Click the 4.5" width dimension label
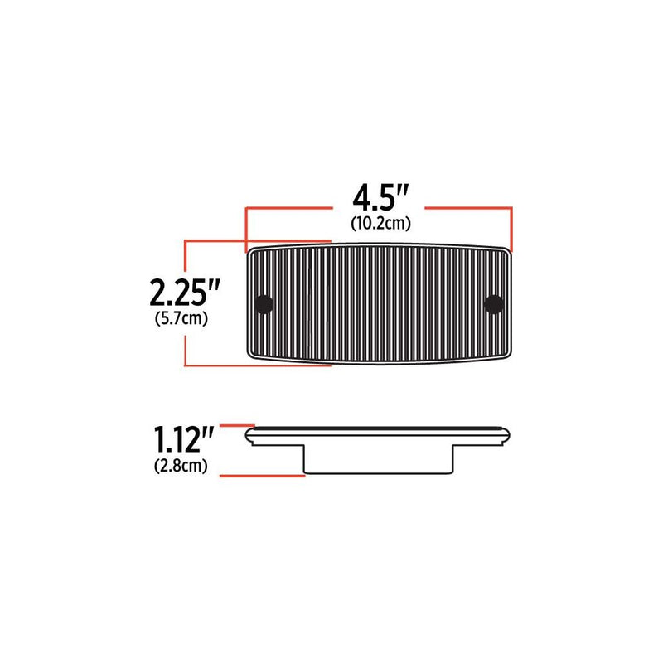[x=381, y=197]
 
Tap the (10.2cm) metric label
[x=381, y=223]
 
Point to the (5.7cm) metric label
[x=181, y=318]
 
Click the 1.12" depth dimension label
[x=183, y=440]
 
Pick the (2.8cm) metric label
[x=181, y=466]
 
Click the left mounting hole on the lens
[x=264, y=304]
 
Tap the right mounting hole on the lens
[x=493, y=304]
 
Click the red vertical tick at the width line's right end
[x=511, y=230]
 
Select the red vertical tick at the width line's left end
[x=246, y=230]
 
